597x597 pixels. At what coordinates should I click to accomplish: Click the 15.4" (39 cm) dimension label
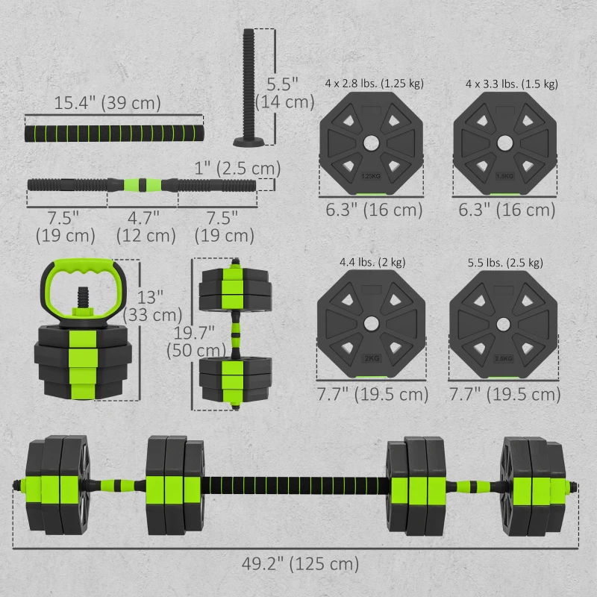(107, 102)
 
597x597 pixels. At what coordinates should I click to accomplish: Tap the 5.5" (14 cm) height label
(284, 90)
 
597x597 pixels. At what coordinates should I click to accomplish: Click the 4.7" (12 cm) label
(146, 227)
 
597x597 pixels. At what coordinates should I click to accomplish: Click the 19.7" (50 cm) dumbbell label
(196, 340)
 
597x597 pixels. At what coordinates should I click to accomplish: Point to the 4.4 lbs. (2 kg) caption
(372, 263)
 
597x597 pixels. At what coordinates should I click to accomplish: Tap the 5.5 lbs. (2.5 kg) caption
(504, 263)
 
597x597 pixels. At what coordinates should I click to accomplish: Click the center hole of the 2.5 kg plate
(505, 324)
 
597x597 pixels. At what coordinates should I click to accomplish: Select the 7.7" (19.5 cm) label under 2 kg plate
(372, 394)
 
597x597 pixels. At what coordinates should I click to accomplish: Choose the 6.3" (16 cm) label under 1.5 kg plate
(505, 210)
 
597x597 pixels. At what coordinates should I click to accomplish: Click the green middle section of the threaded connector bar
(142, 184)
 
